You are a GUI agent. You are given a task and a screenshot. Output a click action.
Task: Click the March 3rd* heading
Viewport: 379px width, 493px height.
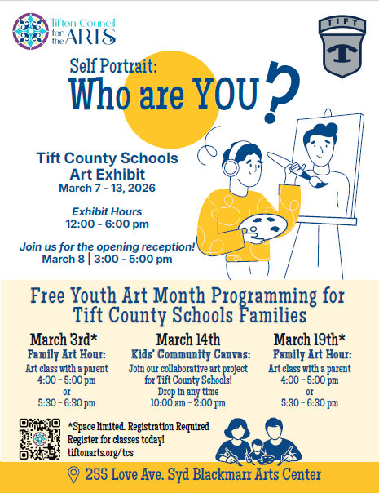click(x=64, y=339)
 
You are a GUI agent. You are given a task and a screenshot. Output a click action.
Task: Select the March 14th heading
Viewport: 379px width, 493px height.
click(x=189, y=339)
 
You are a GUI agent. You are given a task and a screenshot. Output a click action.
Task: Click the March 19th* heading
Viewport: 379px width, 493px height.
click(x=309, y=339)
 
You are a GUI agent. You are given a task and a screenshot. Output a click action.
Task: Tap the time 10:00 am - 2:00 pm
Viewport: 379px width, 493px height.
click(x=189, y=402)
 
